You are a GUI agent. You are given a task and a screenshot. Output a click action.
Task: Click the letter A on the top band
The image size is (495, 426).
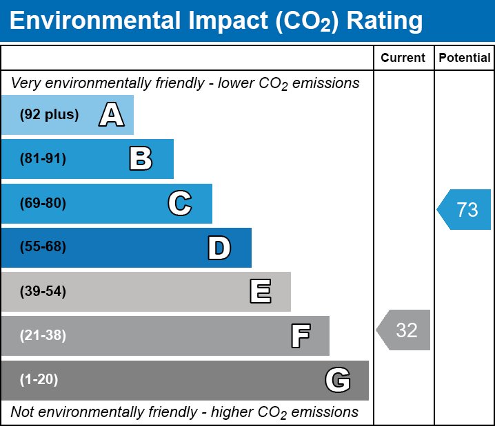(x=111, y=115)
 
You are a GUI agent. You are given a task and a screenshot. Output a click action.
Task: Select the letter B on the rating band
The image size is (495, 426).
(x=141, y=159)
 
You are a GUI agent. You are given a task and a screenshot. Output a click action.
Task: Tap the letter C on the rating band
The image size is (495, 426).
(x=179, y=204)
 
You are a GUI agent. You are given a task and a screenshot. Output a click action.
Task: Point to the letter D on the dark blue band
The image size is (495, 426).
(x=219, y=248)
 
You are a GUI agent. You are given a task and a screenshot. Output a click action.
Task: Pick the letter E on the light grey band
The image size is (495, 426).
(x=260, y=292)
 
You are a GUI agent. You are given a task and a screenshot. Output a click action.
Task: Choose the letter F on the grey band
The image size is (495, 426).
(x=300, y=336)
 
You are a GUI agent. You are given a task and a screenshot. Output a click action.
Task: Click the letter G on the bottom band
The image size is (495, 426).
(x=338, y=380)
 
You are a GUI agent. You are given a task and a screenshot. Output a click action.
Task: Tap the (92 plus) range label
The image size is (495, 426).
(x=49, y=115)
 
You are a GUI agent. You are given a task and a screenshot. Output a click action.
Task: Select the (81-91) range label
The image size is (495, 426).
(x=43, y=159)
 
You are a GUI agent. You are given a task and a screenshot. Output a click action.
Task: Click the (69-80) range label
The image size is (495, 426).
(x=43, y=204)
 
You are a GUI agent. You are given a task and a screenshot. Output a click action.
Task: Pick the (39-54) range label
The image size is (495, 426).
(x=43, y=292)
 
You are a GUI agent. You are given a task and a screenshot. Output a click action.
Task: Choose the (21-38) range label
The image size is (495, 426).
(x=43, y=336)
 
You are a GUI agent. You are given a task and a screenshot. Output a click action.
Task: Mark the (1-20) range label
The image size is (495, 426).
(x=39, y=380)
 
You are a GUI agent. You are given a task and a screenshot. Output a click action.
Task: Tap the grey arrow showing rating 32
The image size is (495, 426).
(x=405, y=330)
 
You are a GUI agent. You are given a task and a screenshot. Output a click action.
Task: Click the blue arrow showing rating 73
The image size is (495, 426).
(x=465, y=209)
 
